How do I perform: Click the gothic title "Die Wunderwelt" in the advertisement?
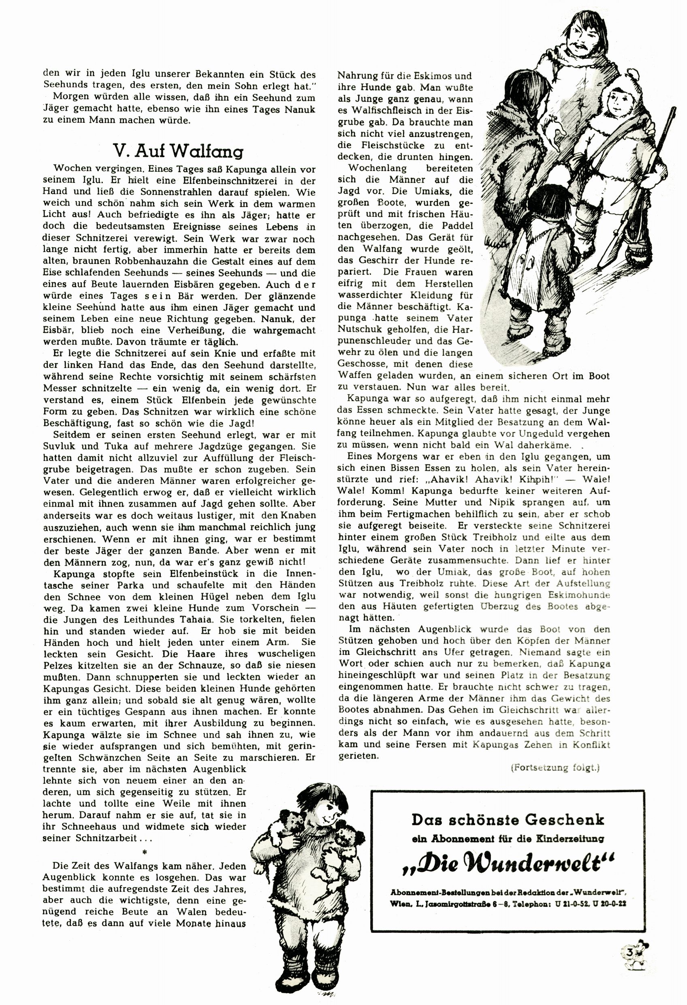(508, 864)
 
